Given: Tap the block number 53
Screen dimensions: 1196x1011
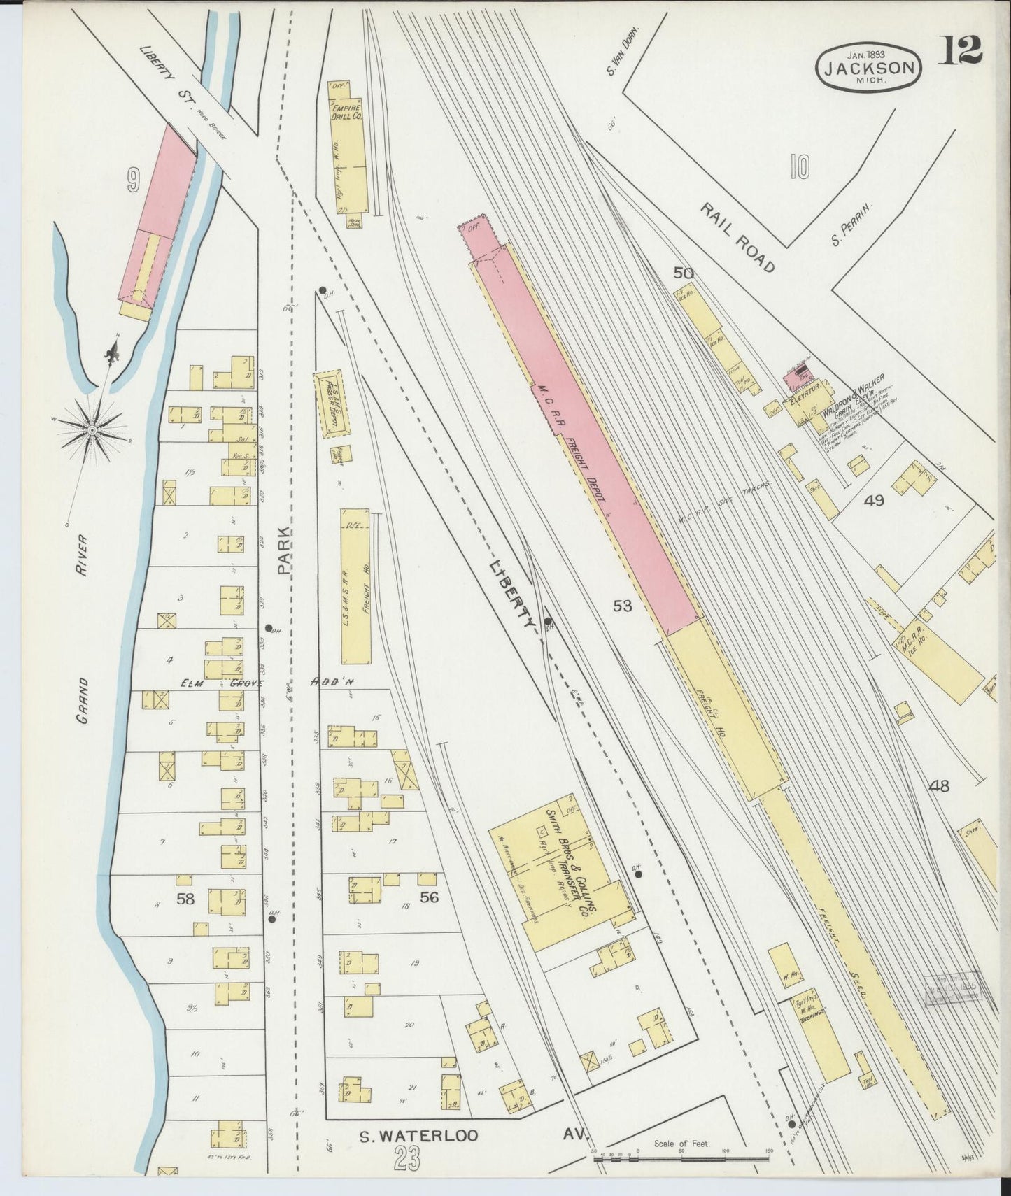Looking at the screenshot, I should click(x=623, y=606).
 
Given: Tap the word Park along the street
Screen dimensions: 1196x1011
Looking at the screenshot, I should click(x=285, y=551).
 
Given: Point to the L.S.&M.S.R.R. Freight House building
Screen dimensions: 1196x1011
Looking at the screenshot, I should click(x=357, y=586).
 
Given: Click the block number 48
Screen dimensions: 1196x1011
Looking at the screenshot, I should click(x=939, y=786).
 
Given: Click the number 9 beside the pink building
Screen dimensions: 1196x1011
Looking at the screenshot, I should click(x=132, y=183).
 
